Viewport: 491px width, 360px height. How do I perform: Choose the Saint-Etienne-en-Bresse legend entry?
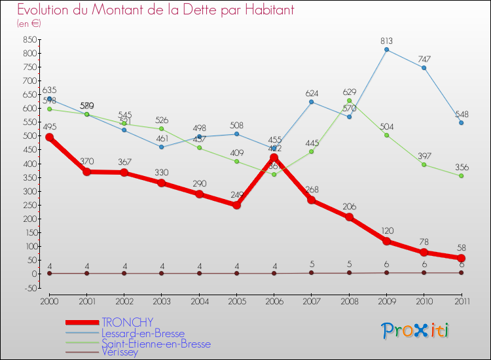pos(156,343)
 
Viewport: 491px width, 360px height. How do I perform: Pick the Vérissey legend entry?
pos(120,352)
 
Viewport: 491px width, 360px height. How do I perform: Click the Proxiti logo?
pos(416,331)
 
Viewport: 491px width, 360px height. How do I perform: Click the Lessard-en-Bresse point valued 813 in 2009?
pos(386,49)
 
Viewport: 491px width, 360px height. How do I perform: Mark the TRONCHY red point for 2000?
pos(49,137)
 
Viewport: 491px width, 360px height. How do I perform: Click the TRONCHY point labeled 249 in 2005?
pos(236,205)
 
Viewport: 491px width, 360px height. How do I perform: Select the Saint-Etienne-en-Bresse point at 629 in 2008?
pos(349,100)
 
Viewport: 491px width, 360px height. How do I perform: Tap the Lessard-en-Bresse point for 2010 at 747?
pos(424,67)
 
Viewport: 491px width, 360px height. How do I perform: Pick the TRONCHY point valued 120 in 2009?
pos(386,241)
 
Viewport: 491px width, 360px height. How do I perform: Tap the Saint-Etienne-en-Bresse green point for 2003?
pos(162,128)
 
